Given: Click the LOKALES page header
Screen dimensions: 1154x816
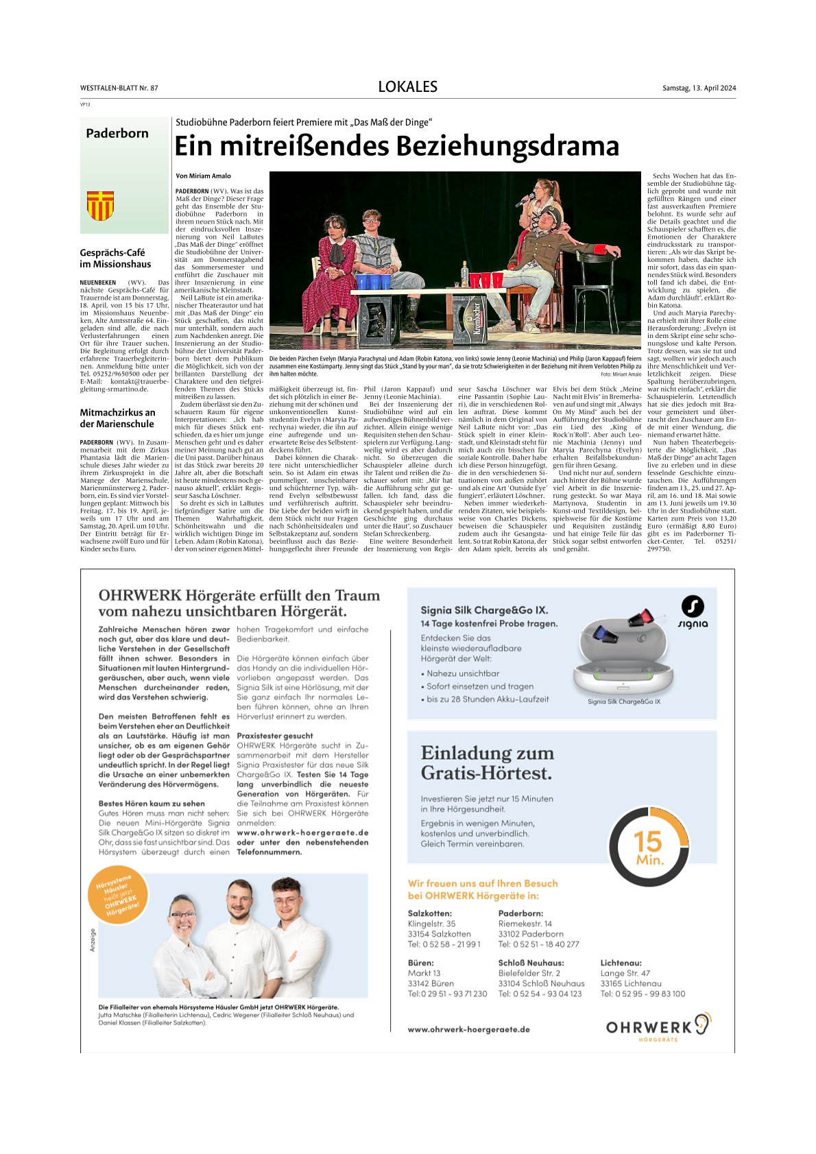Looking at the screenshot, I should coord(407,87).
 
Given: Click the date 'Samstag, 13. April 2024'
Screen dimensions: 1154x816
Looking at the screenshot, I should coord(699,88).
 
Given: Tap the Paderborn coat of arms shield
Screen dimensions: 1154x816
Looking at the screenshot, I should coord(100,206).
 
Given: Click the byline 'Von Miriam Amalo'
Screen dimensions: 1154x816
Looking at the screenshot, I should coord(203,176).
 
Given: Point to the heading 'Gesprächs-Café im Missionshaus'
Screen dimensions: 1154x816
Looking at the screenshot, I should coord(115,259).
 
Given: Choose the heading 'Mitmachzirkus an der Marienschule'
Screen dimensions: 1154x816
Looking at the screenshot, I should coord(117,418).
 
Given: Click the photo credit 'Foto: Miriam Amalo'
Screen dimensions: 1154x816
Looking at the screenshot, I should coord(621,374).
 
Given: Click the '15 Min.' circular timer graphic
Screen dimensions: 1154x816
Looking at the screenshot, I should coord(649,848).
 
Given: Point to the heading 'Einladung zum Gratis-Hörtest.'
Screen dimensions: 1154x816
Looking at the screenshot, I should coord(487,763).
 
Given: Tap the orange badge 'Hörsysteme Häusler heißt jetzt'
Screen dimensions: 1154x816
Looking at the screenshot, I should coord(117,895).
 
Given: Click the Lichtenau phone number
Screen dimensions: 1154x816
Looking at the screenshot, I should coord(643,994).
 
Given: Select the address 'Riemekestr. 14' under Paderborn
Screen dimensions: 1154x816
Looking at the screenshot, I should coord(525,924).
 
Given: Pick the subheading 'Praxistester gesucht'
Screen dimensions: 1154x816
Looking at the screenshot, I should coord(274,736).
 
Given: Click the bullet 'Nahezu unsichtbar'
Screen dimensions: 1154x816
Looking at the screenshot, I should coord(463,673).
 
